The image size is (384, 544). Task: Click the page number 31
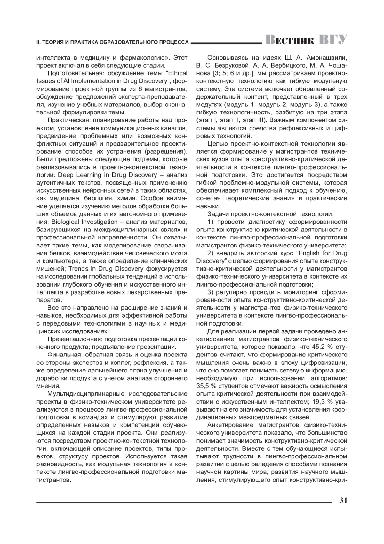point(343,500)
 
